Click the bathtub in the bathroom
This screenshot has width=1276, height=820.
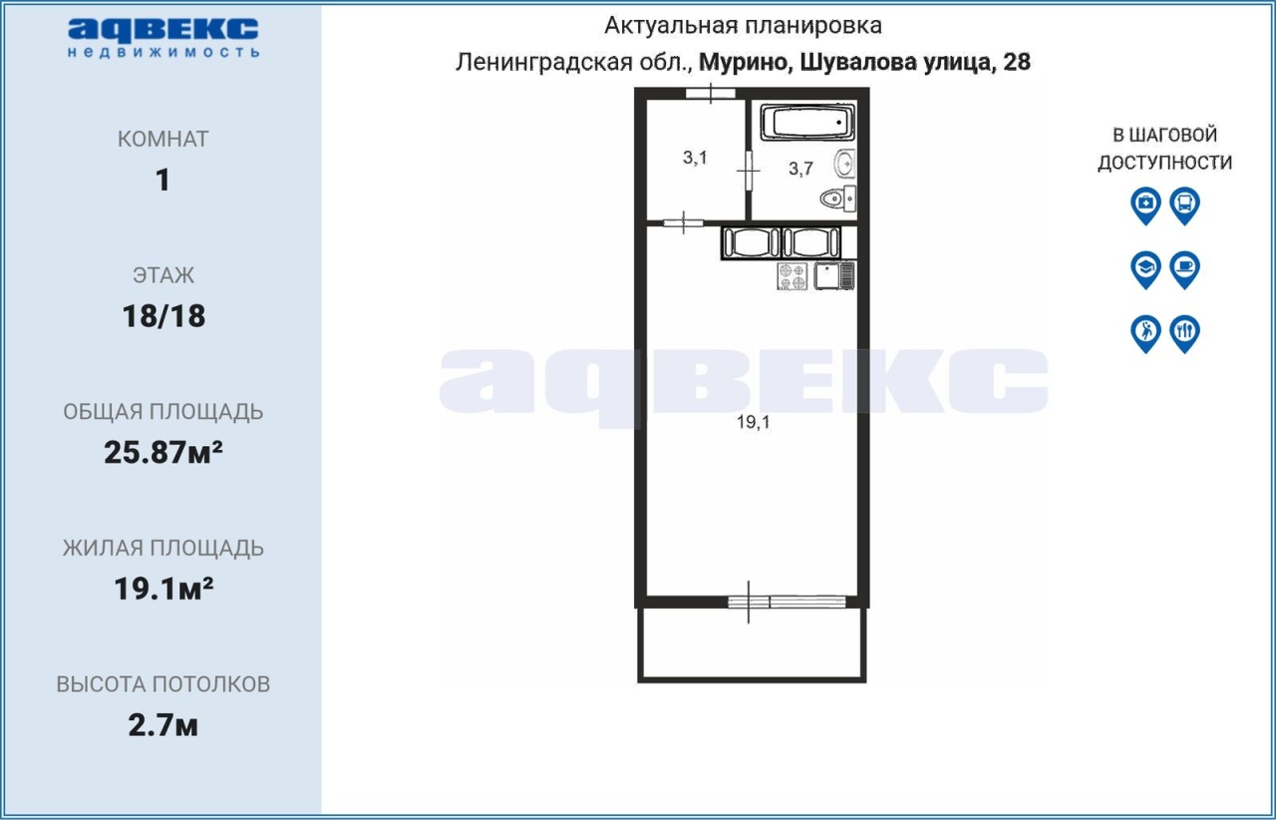[807, 121]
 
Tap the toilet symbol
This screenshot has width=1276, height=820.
[838, 198]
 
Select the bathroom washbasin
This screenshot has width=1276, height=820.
[844, 164]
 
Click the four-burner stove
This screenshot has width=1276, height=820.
[793, 276]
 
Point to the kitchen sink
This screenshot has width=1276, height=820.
[834, 276]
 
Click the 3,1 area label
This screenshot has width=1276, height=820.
[695, 158]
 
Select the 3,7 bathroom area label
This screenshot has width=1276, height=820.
[800, 169]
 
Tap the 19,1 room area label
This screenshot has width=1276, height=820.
[753, 422]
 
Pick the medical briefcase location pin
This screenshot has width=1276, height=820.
[1145, 205]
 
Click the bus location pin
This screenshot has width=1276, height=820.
[1185, 205]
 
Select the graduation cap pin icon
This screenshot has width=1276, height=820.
[1145, 269]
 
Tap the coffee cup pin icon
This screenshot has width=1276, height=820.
[1185, 269]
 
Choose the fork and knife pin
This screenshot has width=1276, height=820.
[1185, 333]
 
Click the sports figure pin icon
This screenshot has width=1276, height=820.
[1145, 333]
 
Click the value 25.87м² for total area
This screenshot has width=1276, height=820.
[162, 453]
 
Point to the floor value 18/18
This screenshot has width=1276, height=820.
[163, 316]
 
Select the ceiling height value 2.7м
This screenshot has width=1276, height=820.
[162, 725]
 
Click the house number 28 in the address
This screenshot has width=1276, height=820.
[1016, 62]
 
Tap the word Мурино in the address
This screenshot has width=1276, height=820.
[744, 63]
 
